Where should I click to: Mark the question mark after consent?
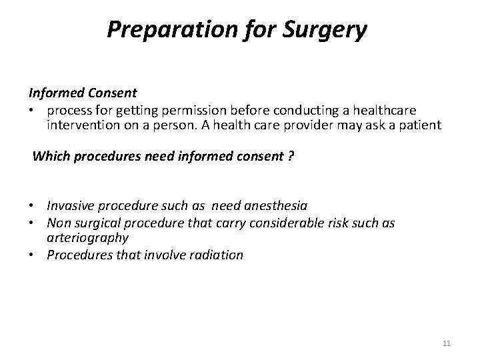pos(291,157)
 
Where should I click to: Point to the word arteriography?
pos(87,237)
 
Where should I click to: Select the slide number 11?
pos(447,343)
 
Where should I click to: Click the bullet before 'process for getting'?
pos(32,109)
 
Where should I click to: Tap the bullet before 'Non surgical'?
pos(32,223)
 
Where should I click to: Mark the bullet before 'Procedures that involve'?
pos(32,254)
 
